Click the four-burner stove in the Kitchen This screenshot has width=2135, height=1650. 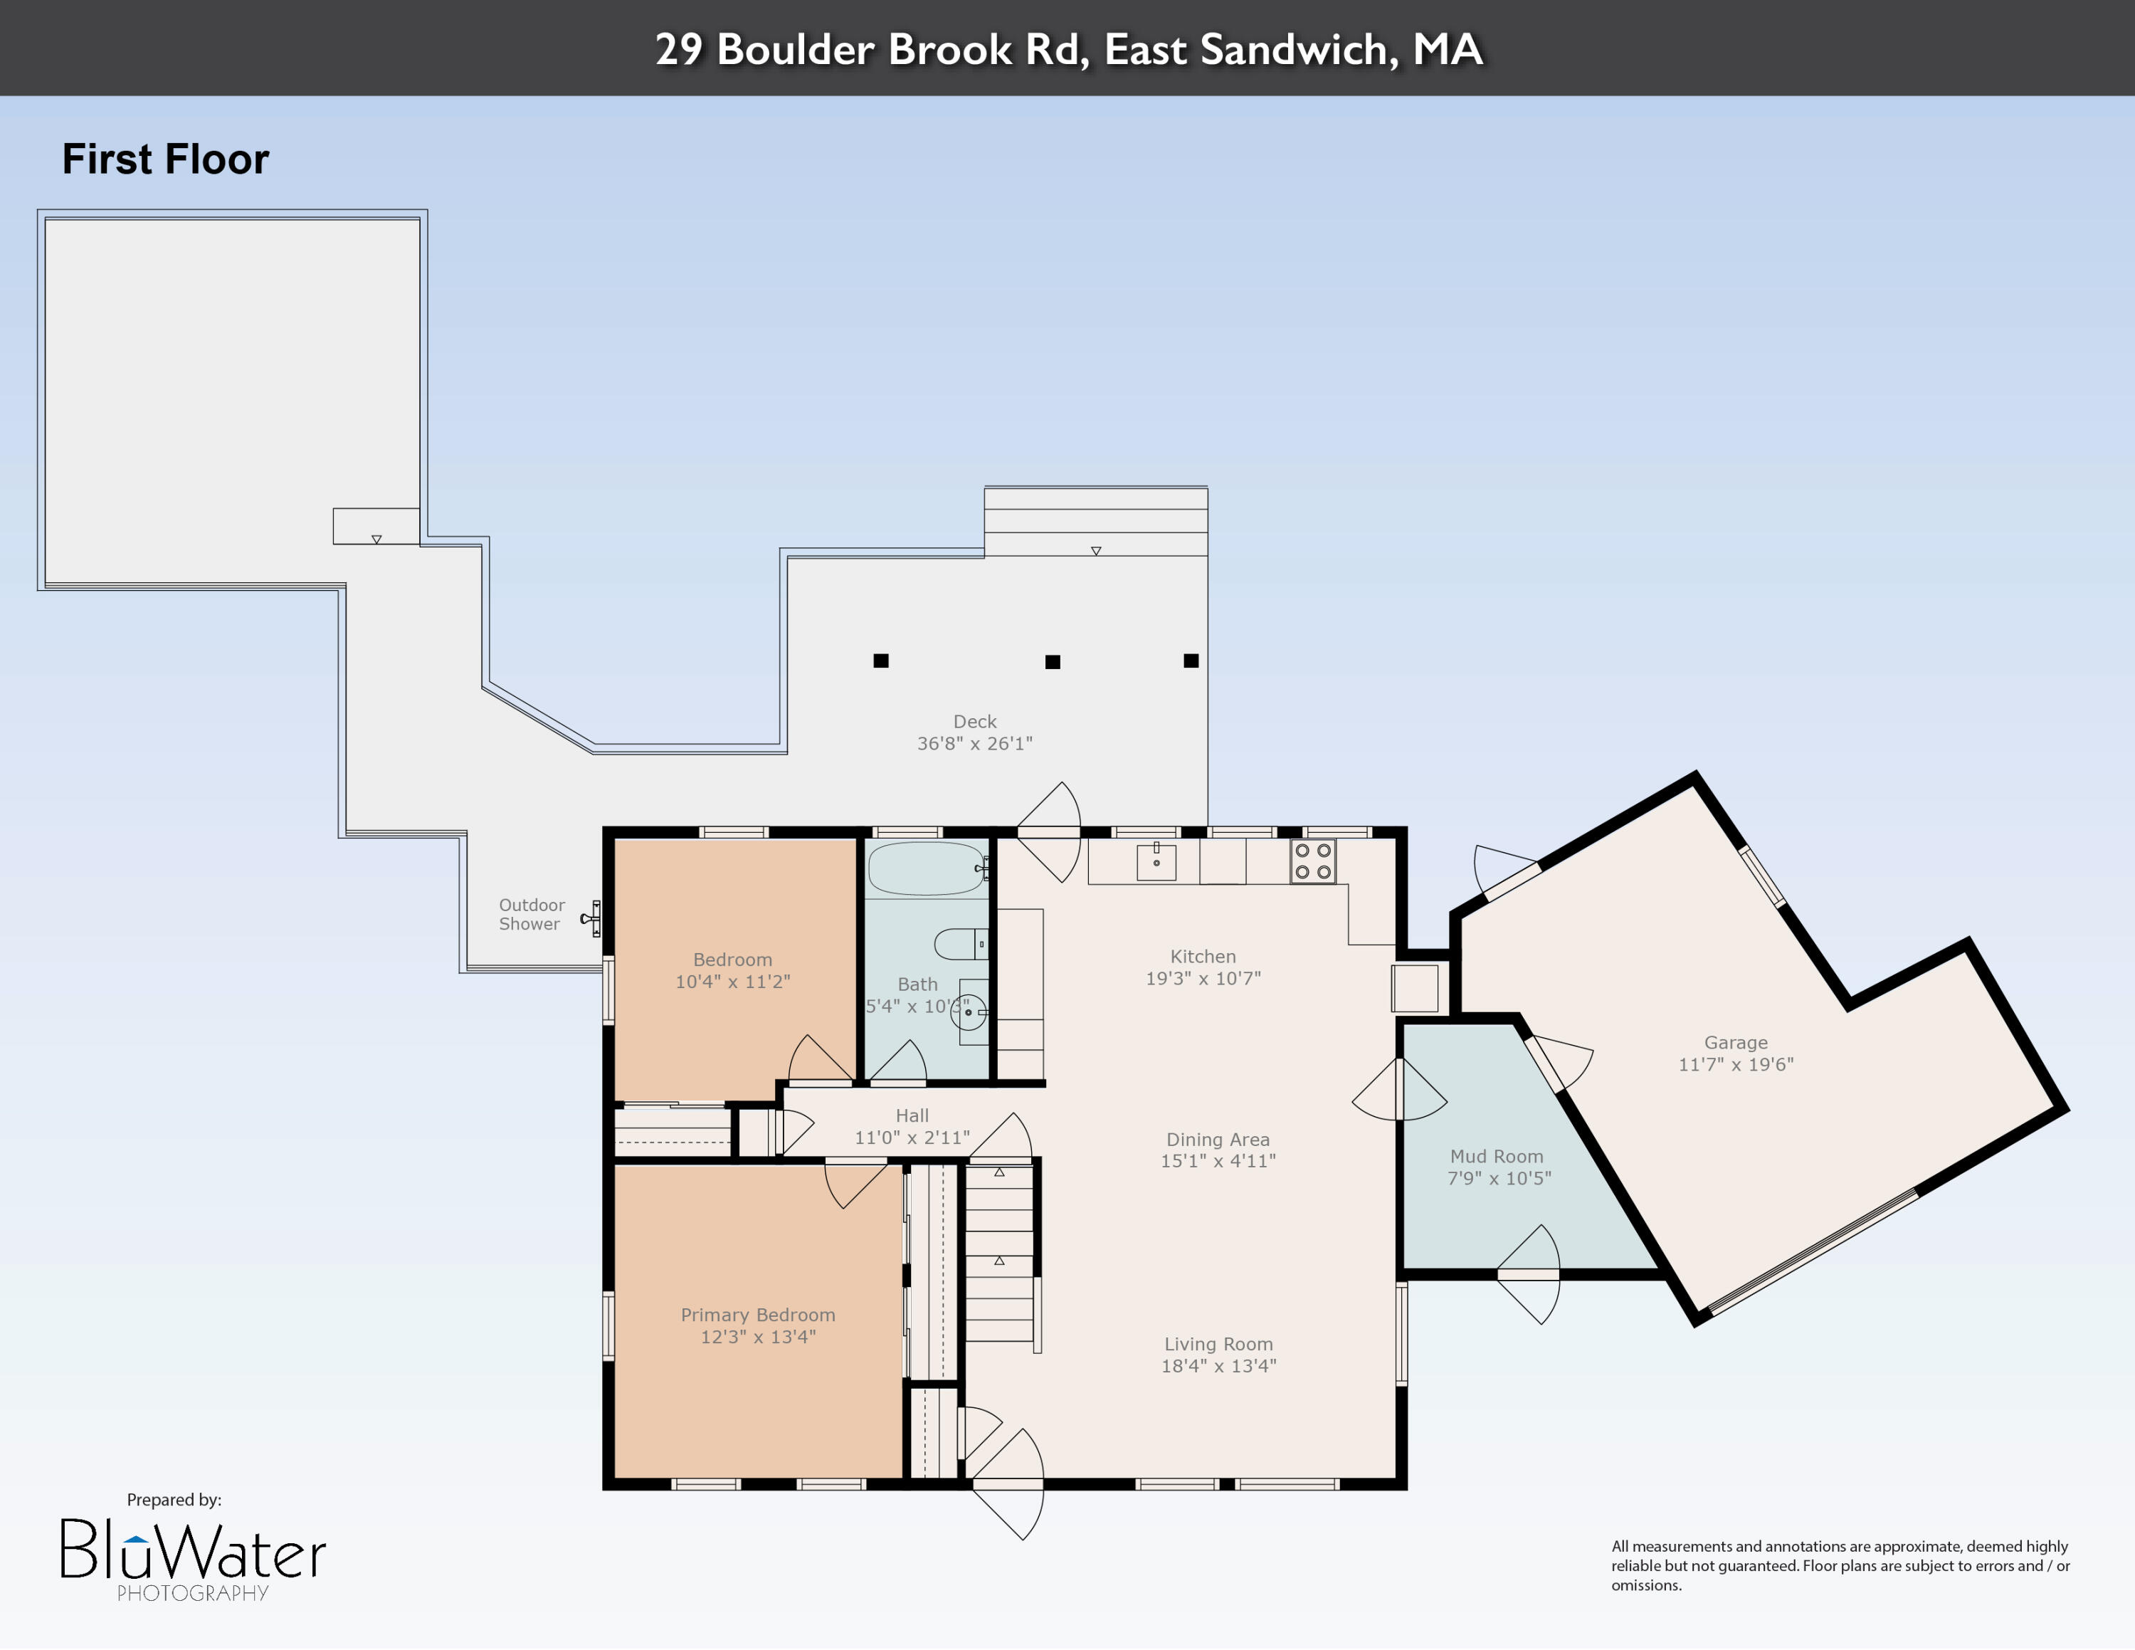point(1312,861)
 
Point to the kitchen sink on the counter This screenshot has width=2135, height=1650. point(1156,862)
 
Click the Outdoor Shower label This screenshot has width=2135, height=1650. point(531,914)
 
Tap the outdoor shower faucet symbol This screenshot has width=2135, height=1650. point(591,919)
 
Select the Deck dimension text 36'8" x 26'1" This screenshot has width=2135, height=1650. point(975,744)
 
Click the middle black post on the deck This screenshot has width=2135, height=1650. point(1053,662)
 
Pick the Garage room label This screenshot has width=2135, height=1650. point(1735,1043)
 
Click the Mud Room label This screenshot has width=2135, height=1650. point(1497,1157)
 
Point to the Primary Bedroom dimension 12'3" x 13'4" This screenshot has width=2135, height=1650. point(758,1336)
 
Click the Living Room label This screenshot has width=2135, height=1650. point(1218,1344)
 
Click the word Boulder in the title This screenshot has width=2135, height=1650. point(795,50)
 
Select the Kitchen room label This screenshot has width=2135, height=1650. point(1203,957)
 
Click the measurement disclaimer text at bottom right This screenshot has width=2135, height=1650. point(1840,1565)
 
